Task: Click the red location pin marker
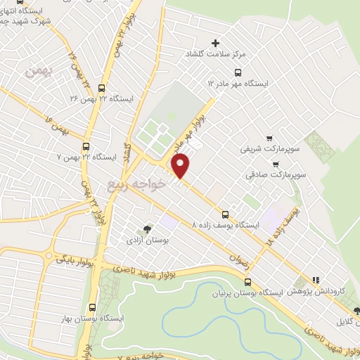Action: [x=181, y=165]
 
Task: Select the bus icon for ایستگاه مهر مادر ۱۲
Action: [x=237, y=72]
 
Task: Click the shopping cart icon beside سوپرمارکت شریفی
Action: [x=269, y=138]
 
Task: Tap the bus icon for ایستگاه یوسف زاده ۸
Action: [x=225, y=214]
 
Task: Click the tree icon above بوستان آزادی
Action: [x=146, y=229]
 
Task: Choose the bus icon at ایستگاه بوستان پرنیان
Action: [x=245, y=281]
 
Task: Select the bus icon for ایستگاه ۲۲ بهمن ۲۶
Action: [x=102, y=89]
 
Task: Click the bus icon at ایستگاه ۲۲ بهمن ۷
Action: [x=86, y=146]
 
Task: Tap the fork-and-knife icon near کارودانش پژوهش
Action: [x=316, y=280]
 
